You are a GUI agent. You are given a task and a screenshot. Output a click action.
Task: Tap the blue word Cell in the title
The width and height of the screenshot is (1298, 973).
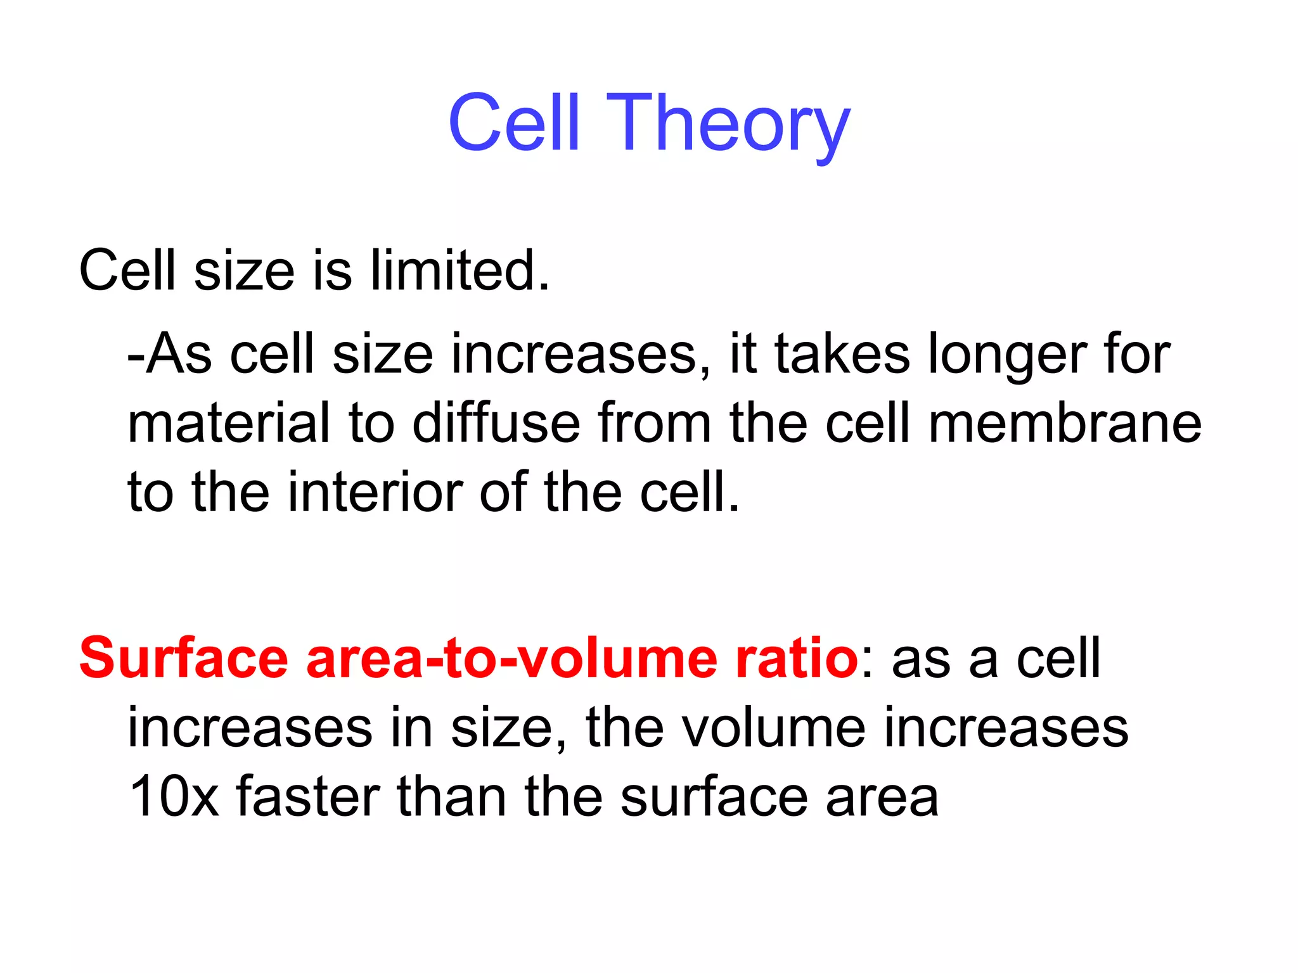click(x=514, y=124)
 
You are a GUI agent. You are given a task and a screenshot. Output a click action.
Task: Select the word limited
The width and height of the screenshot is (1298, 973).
click(x=460, y=271)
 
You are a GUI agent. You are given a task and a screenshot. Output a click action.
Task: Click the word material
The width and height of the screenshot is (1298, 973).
click(x=229, y=423)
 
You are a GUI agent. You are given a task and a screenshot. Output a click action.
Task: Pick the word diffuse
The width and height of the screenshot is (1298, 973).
click(x=496, y=423)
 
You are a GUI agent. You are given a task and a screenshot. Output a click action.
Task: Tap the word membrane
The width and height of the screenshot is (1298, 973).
click(x=1065, y=423)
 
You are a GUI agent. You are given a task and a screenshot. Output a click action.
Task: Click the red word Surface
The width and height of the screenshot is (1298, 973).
click(x=184, y=659)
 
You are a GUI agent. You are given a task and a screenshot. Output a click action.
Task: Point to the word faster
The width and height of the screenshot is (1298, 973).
click(x=308, y=797)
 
